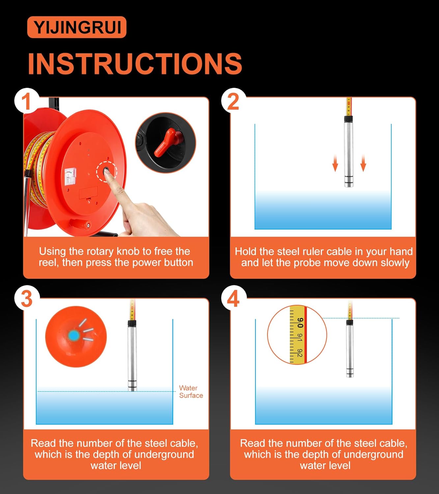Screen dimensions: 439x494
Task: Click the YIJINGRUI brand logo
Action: pos(77,27)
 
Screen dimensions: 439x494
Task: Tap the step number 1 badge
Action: pos(27,101)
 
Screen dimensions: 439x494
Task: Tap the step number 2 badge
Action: pos(233,101)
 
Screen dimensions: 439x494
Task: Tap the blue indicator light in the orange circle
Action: pos(73,336)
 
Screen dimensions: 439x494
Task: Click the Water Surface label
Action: pos(191,392)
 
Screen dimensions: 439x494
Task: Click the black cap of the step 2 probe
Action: pos(348,119)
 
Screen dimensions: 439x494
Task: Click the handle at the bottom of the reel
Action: pos(79,223)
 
